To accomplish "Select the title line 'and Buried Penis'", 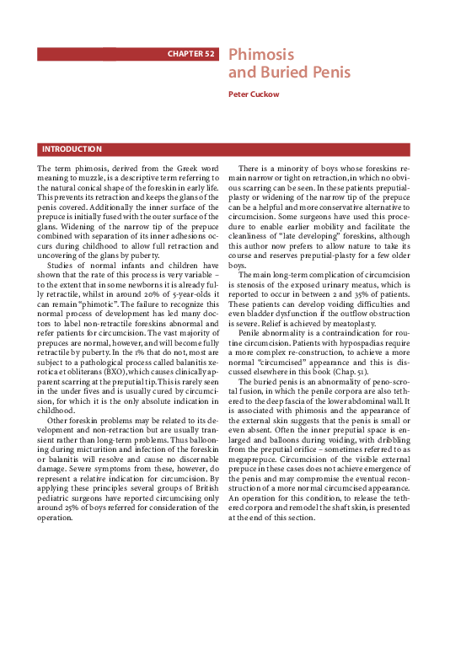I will pyautogui.click(x=278, y=73).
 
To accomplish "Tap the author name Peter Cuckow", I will pyautogui.click(x=253, y=94).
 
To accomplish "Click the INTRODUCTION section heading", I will pyautogui.click(x=72, y=149).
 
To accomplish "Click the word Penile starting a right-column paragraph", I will pyautogui.click(x=252, y=335).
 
